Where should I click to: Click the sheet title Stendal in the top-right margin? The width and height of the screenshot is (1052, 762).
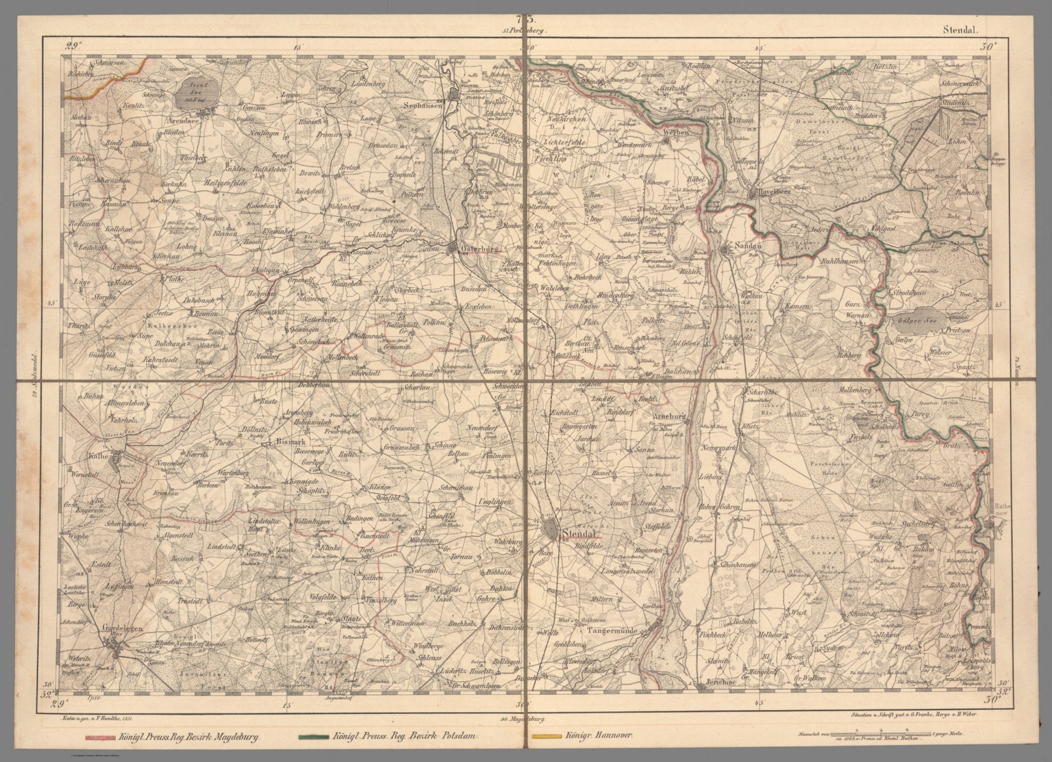[962, 30]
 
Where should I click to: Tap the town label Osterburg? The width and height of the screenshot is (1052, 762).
[478, 249]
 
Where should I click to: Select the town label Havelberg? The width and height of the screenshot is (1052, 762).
[773, 192]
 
